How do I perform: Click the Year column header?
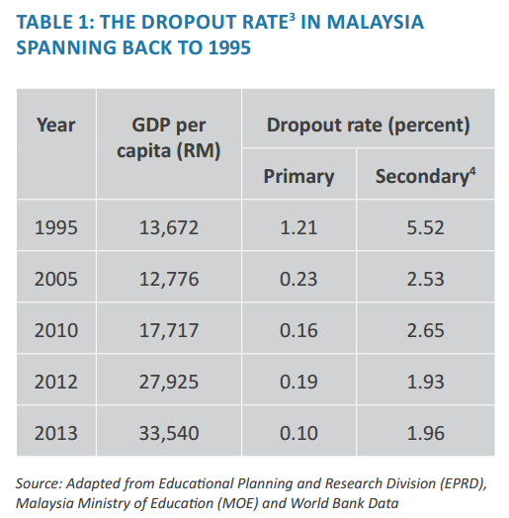pyautogui.click(x=56, y=126)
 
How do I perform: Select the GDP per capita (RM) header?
pyautogui.click(x=175, y=138)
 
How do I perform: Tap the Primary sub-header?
pyautogui.click(x=298, y=177)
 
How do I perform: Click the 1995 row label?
pyautogui.click(x=56, y=228)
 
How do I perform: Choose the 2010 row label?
pyautogui.click(x=56, y=330)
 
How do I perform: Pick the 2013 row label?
pyautogui.click(x=56, y=432)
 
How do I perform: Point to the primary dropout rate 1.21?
pyautogui.click(x=298, y=228)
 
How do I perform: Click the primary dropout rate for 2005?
pyautogui.click(x=298, y=280)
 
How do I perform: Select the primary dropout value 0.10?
pyautogui.click(x=298, y=432)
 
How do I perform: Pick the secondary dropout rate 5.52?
pyautogui.click(x=424, y=228)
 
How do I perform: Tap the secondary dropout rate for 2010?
pyautogui.click(x=424, y=330)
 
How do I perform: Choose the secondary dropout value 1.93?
pyautogui.click(x=424, y=382)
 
